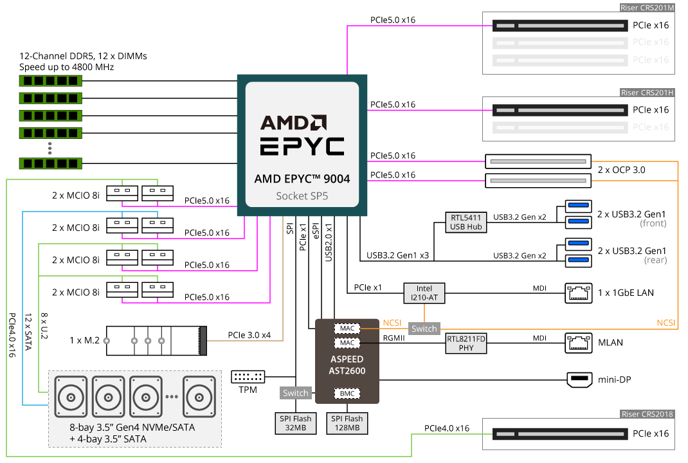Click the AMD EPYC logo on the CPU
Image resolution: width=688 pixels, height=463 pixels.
[302, 135]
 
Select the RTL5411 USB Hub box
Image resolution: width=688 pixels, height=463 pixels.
[466, 222]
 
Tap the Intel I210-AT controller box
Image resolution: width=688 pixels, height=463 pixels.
[424, 293]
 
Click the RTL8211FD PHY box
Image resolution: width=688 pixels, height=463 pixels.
[466, 343]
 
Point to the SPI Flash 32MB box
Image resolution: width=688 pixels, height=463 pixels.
[294, 423]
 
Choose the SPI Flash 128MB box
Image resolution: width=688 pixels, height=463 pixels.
[347, 423]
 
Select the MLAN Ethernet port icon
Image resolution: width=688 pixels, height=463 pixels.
[577, 343]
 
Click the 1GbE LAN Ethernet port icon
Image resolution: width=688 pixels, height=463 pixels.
[577, 293]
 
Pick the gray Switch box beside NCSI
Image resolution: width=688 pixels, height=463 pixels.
[424, 329]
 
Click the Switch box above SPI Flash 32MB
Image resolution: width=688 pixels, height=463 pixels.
[296, 393]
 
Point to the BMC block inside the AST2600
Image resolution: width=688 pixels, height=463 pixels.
[347, 393]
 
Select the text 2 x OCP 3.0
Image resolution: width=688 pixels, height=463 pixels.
[621, 170]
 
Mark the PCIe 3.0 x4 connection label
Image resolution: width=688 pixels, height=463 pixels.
[249, 335]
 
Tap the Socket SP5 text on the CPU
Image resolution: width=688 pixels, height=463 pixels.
[302, 195]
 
